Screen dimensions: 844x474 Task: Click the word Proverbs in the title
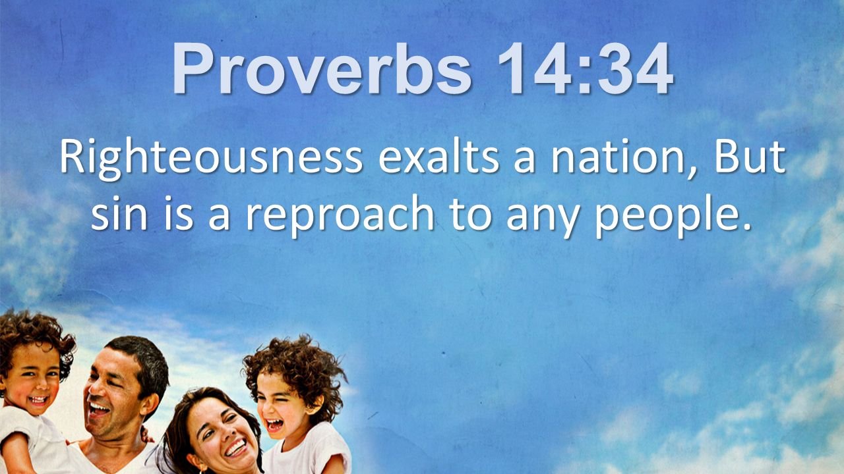point(322,68)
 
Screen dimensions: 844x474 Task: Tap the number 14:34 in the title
point(585,68)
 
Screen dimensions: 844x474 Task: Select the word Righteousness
point(212,158)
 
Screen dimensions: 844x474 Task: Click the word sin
point(119,212)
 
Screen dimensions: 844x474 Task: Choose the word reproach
point(340,215)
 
